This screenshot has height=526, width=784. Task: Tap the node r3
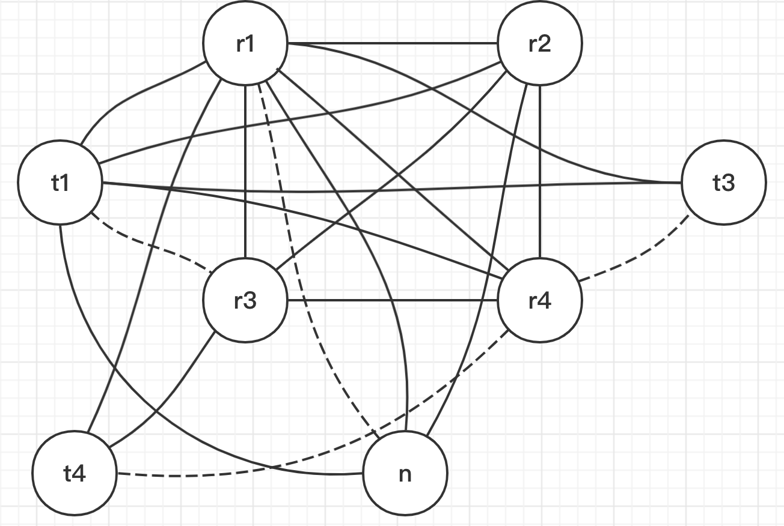(245, 300)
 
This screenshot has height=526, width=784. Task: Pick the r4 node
(539, 300)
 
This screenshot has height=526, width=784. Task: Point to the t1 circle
(60, 183)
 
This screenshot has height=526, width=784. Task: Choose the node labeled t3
(724, 183)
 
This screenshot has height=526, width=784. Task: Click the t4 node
(74, 474)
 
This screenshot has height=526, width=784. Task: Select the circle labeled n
(405, 474)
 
